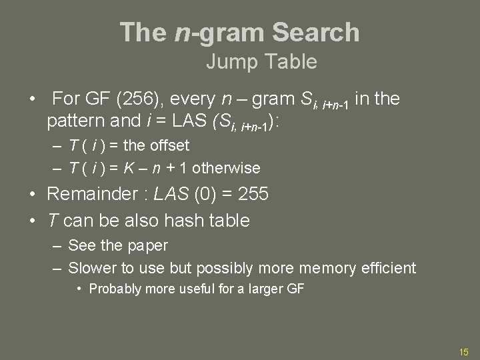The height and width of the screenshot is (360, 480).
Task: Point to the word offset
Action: pos(169,145)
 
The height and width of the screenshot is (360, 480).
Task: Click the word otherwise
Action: pos(228,167)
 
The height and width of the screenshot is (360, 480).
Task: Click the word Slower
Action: pos(93,268)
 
